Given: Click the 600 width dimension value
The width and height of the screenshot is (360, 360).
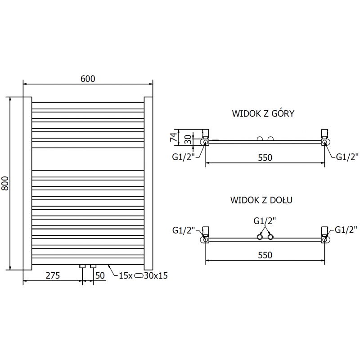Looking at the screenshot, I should [88, 78].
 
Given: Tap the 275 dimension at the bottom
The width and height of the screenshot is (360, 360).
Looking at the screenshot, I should [53, 276].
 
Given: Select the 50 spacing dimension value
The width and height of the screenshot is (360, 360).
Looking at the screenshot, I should [100, 276].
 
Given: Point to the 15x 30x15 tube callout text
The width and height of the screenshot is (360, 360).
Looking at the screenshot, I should [143, 276].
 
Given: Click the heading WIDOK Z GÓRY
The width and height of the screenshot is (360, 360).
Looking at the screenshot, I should [263, 113].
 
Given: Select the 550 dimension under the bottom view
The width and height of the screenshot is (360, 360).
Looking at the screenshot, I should [265, 255].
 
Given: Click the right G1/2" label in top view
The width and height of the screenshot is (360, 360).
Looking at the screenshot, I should [347, 157].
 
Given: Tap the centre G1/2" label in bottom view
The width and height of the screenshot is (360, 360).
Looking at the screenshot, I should [265, 221].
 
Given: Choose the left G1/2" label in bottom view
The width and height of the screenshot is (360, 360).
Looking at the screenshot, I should [184, 230].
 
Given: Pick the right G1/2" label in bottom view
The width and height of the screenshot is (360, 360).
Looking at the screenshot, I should [346, 230].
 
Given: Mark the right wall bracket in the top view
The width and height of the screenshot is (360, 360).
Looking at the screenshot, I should [324, 132].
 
